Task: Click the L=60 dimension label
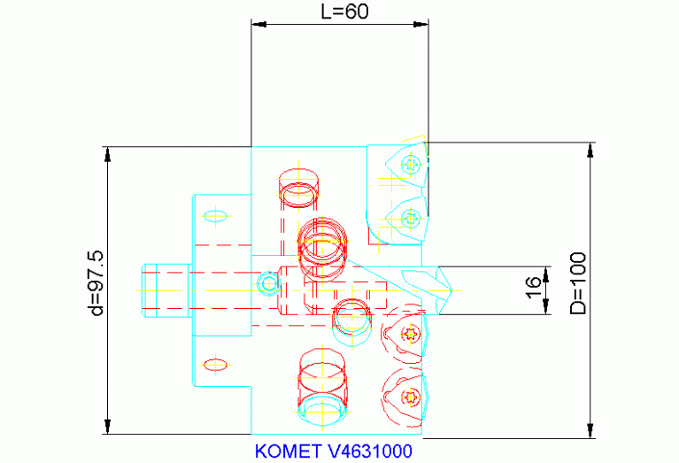[343, 12]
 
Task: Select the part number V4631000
[369, 451]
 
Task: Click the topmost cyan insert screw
[409, 164]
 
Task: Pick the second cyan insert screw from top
[409, 216]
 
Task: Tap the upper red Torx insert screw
[409, 334]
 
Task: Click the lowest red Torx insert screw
[409, 395]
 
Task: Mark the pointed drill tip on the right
[450, 289]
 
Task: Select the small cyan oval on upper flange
[216, 215]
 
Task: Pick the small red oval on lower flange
[216, 363]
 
